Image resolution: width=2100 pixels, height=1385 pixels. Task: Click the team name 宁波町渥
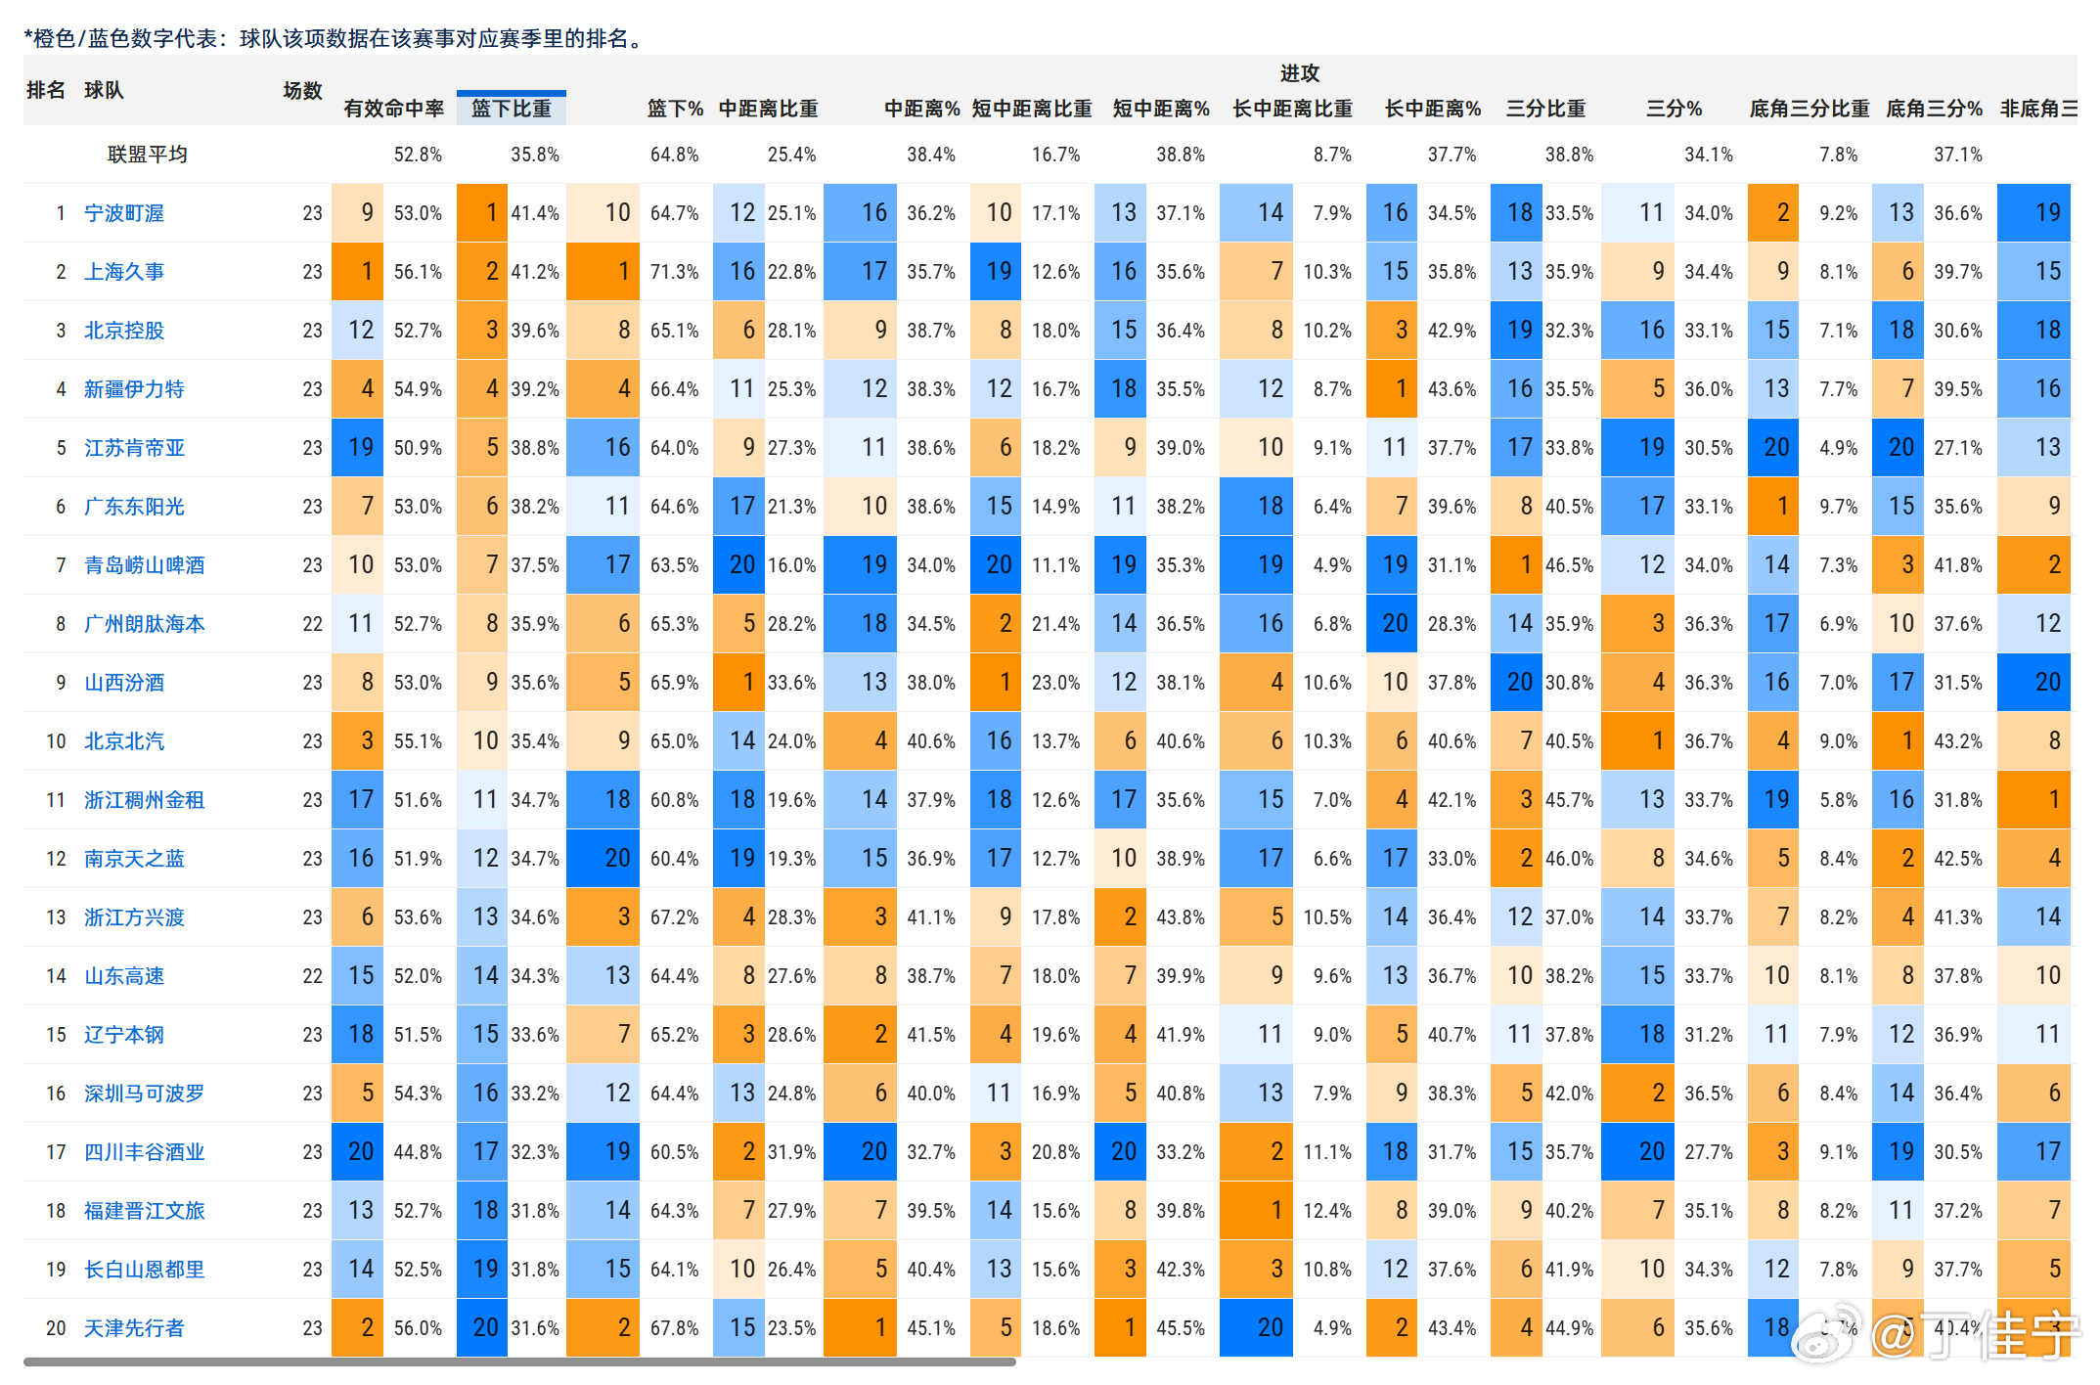124,213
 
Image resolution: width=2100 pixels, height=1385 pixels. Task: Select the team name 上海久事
124,272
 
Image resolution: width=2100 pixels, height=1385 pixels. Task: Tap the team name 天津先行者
134,1328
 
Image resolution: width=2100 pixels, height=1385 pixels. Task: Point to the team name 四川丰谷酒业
145,1152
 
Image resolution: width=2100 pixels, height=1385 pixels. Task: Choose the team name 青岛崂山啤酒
145,565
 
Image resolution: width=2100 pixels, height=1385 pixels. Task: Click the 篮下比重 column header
511,109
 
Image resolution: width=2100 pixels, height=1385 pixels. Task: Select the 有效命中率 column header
393,109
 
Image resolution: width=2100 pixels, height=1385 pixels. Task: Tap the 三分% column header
1674,109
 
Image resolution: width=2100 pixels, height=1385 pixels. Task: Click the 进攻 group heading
1299,73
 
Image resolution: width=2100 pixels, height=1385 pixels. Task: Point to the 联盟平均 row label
147,155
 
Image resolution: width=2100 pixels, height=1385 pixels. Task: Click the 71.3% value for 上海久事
674,272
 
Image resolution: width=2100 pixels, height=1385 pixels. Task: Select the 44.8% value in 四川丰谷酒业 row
418,1152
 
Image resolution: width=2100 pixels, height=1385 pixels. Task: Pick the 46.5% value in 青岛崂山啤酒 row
1569,565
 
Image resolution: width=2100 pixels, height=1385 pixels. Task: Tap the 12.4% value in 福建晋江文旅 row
1326,1211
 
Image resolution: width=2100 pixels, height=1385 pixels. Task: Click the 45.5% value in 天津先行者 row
1181,1328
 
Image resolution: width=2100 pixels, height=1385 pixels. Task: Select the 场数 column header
302,91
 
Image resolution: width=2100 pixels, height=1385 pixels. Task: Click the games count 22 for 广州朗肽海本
312,624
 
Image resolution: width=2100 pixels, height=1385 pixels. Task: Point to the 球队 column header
104,91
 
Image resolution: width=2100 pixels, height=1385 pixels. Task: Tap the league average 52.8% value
418,155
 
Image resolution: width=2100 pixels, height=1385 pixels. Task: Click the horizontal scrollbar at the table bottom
518,1362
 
